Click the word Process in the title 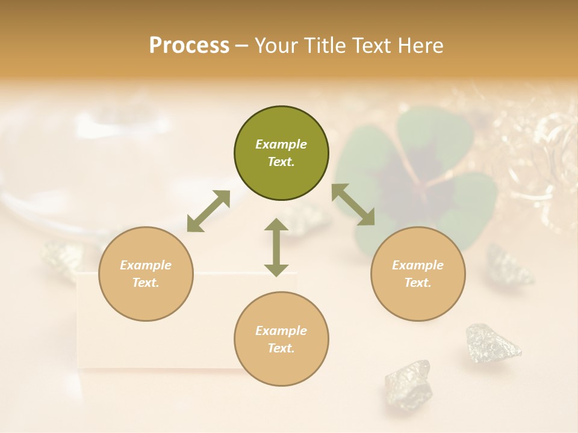point(189,46)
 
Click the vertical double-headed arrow point(276,247)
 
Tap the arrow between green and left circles point(208,211)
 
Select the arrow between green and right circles point(353,204)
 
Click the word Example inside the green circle point(281,144)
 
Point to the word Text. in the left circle point(146,283)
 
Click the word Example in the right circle point(417,265)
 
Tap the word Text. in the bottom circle point(281,348)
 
